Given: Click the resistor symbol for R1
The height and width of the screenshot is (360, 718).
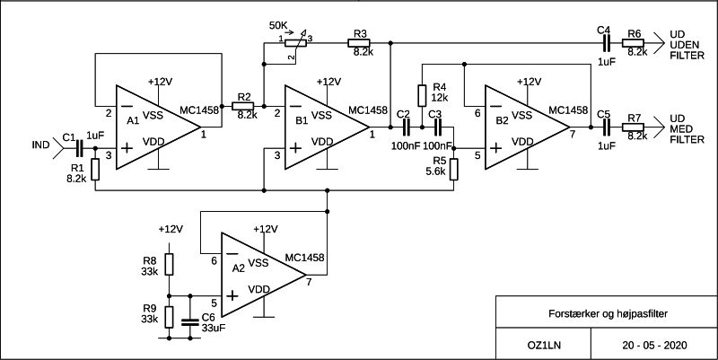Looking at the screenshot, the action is (x=95, y=169).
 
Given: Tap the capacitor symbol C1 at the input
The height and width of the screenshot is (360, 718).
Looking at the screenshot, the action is (x=79, y=148).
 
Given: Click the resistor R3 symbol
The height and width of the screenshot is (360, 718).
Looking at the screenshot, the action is (x=358, y=43).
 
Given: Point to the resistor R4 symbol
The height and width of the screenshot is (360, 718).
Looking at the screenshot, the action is (x=422, y=95).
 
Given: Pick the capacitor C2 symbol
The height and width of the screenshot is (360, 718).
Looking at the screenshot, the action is (x=406, y=127).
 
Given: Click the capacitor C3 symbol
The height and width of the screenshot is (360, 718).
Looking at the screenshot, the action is (x=437, y=127).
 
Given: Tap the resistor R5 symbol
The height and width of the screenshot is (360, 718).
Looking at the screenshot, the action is (x=454, y=169).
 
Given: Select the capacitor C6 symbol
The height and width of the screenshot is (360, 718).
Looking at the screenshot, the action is (x=190, y=321).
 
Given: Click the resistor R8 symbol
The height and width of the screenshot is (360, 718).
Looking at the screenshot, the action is (x=169, y=264).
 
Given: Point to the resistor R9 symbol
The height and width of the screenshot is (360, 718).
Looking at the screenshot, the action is (x=169, y=317).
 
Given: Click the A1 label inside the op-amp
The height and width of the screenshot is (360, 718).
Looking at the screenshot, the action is (x=133, y=121).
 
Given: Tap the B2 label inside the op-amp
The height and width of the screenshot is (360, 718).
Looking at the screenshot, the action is (x=503, y=121).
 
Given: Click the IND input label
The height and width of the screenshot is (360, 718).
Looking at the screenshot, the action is (x=40, y=145).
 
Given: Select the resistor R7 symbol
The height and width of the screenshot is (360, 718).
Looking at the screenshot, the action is (x=633, y=127).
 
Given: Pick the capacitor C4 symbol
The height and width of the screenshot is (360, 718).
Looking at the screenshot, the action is (x=607, y=43).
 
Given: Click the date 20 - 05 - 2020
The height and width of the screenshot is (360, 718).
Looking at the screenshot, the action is (x=655, y=345).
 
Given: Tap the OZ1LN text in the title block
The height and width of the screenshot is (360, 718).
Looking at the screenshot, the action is (x=544, y=345).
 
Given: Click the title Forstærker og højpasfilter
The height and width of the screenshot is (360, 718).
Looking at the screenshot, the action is (x=609, y=313).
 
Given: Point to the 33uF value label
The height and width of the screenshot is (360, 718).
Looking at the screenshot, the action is (x=214, y=328).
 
